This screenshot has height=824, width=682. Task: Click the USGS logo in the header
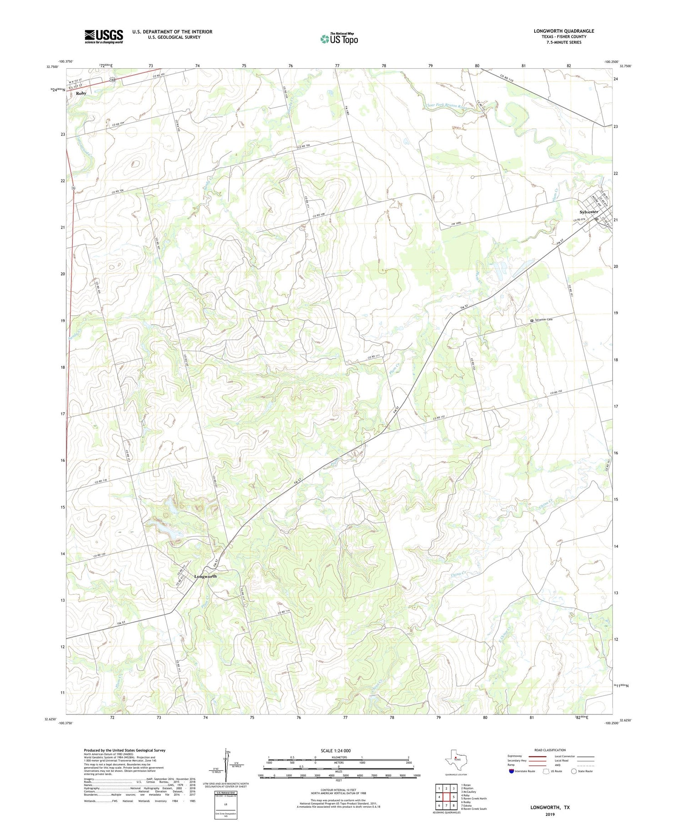pos(104,36)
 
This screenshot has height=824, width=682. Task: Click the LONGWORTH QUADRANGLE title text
pos(564,31)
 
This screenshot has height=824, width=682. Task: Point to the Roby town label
pos(81,93)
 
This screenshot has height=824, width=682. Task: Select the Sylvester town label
pos(589,212)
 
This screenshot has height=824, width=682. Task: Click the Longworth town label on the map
pos(206,576)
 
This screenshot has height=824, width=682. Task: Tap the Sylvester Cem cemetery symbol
pos(532,321)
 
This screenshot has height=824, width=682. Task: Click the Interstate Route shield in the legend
pos(511,771)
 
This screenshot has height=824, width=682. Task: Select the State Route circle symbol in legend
pos(574,771)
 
